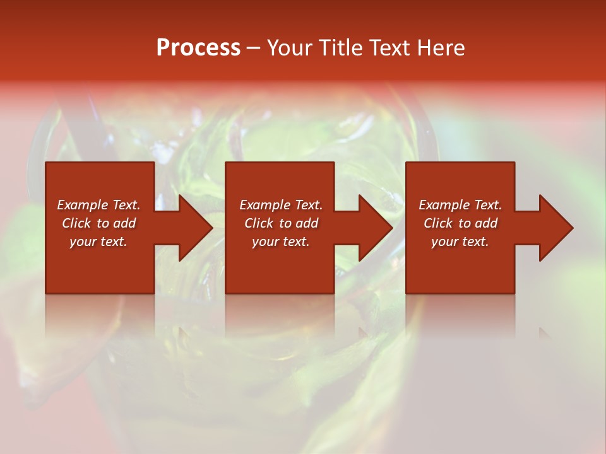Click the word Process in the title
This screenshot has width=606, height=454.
point(198,48)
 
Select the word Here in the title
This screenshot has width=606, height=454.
point(442,48)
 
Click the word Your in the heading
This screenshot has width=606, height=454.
point(289,48)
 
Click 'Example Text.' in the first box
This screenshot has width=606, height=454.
point(98,205)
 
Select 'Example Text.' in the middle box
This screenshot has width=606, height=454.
point(281,205)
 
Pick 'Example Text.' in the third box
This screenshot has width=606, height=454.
point(460,205)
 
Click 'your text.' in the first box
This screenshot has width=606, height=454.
point(98,242)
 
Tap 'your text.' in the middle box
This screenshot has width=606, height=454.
point(281,242)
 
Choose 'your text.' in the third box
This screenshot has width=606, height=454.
point(460,242)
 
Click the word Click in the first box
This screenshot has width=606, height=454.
point(77,223)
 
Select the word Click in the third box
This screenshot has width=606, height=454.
point(439,223)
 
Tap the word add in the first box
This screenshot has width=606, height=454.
point(124,223)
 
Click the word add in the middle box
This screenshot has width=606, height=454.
point(307,223)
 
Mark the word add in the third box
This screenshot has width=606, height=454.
point(486,223)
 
